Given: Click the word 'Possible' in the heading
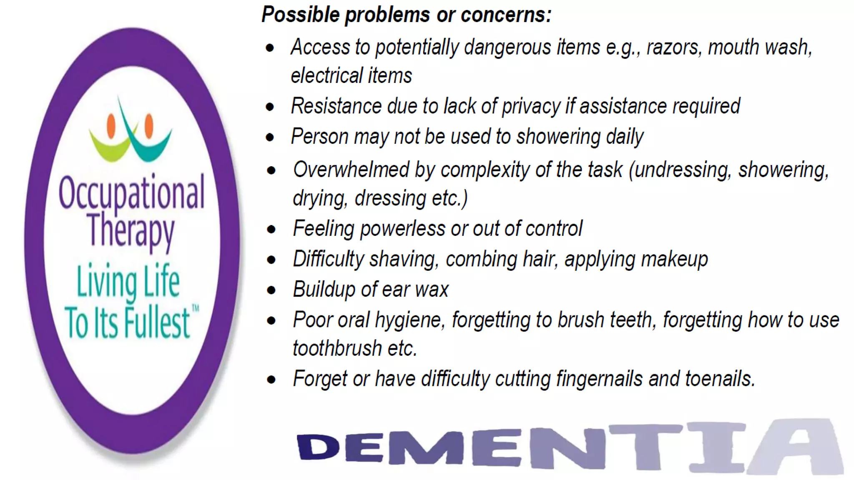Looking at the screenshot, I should click(x=300, y=15).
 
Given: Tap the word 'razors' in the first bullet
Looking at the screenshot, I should click(x=672, y=47).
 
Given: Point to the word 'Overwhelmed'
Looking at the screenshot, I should click(x=351, y=170).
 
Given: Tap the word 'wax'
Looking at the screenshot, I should click(x=434, y=290).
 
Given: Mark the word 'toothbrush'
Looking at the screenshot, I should click(x=337, y=348).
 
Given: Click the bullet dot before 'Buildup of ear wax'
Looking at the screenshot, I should click(x=271, y=290).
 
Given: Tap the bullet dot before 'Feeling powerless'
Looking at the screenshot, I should click(x=271, y=230).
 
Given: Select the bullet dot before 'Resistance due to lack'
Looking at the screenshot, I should click(x=270, y=107).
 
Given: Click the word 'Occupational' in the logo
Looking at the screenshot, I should click(x=131, y=192).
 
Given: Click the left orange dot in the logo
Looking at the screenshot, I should click(x=111, y=125).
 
